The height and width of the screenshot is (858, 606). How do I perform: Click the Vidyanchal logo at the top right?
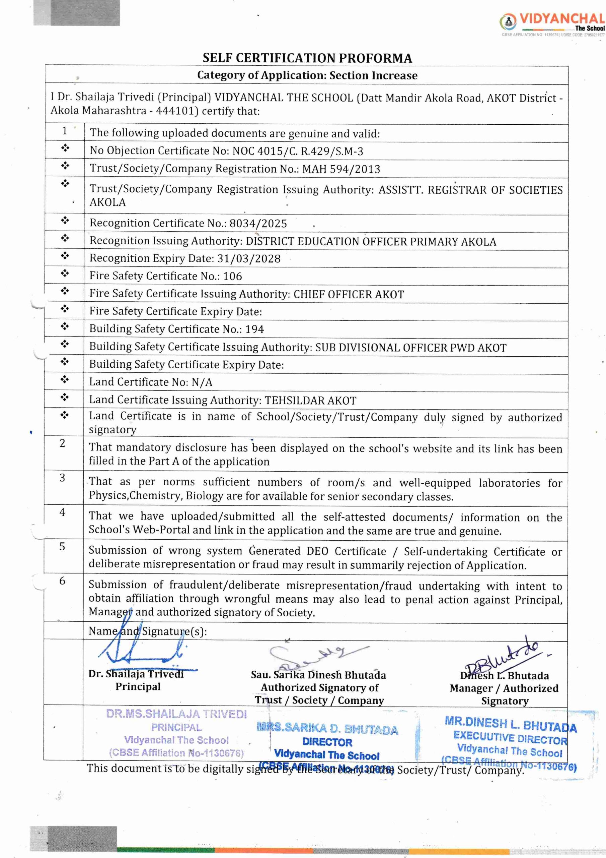(551, 22)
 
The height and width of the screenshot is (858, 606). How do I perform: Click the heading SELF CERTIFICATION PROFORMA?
(307, 58)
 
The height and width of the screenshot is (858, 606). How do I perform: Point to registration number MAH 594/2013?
(341, 169)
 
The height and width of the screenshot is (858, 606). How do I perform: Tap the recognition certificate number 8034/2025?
(258, 224)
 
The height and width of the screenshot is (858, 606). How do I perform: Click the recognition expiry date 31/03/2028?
(249, 259)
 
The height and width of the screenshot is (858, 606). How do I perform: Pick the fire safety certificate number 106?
(232, 276)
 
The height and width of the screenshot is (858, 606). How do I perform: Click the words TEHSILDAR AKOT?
(310, 401)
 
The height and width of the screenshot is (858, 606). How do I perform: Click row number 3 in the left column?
(62, 478)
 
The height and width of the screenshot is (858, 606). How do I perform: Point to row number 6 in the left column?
(62, 580)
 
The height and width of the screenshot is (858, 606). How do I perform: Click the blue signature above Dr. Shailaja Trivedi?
(142, 650)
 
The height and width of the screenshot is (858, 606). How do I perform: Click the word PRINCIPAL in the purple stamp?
(176, 727)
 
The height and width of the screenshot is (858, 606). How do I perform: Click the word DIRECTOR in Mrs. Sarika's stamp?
(327, 742)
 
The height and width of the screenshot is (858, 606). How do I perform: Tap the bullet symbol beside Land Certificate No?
(65, 380)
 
